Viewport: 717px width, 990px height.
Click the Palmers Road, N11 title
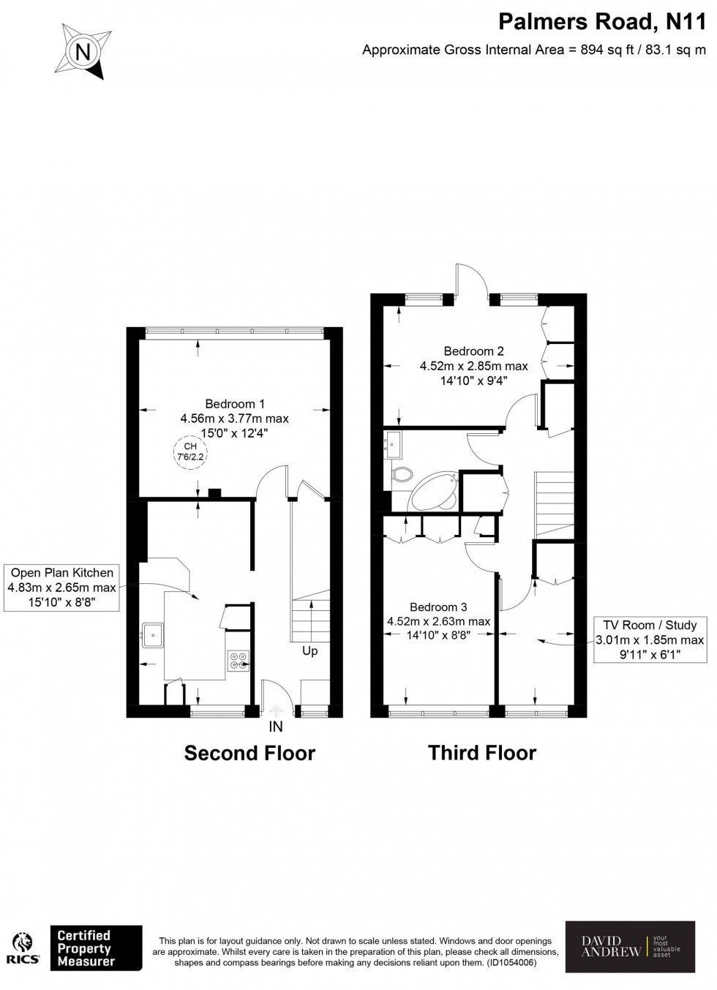602,22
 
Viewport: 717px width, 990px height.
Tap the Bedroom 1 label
234,404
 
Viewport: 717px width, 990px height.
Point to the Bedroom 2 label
473,351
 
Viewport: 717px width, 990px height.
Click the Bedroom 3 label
438,607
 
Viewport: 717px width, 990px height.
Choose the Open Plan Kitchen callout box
61,588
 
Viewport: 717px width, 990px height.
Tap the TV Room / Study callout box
650,640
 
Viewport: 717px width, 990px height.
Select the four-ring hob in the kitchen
238,661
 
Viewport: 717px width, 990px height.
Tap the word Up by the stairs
309,650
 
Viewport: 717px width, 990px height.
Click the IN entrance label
276,727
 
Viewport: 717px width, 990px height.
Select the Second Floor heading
249,753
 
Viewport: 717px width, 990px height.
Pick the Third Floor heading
482,753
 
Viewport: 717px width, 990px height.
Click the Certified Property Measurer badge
95,948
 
